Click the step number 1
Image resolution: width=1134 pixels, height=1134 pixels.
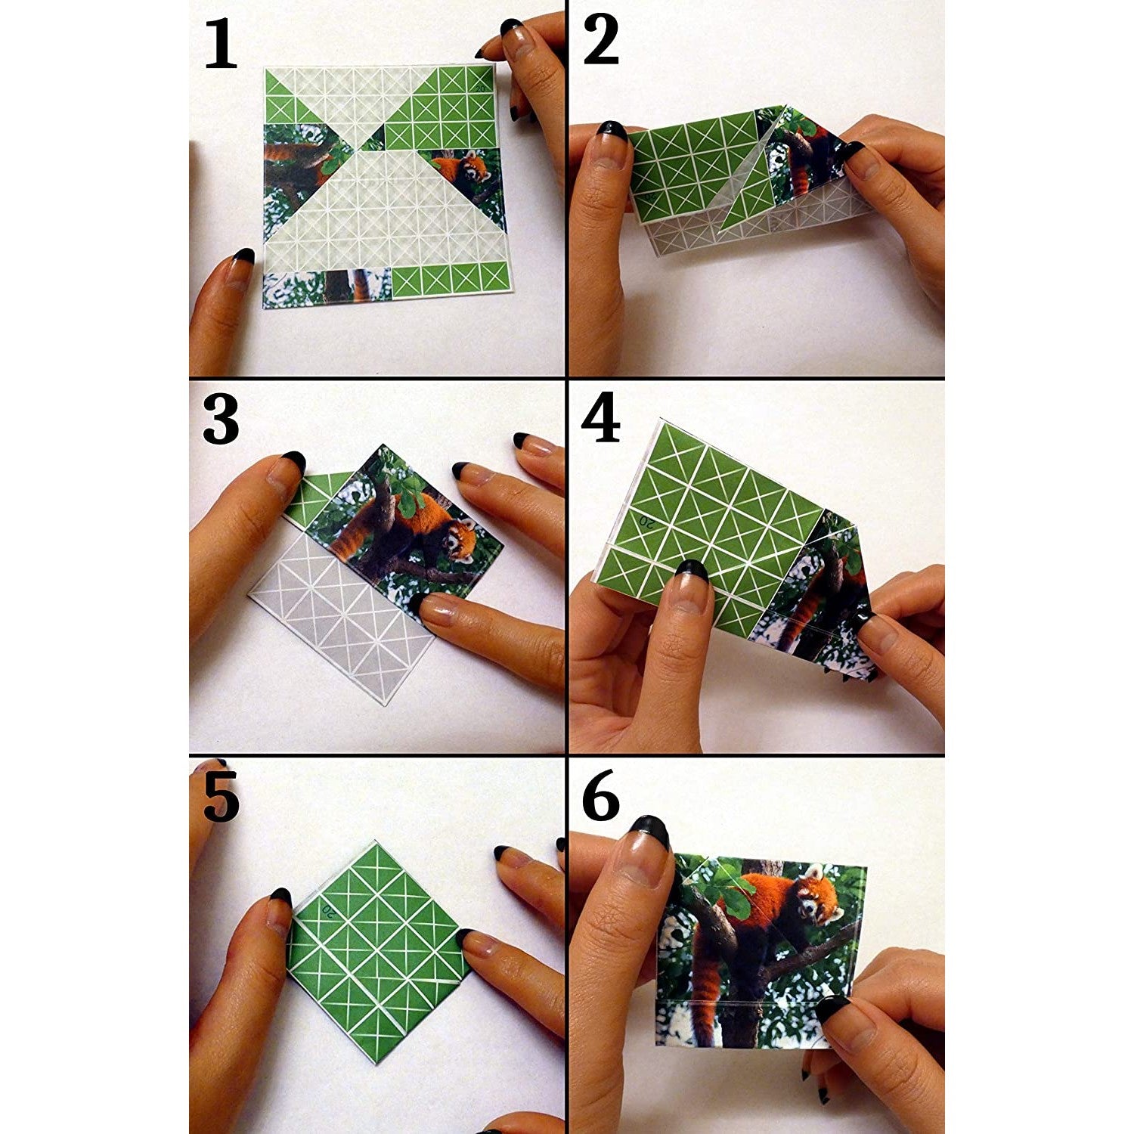tap(221, 45)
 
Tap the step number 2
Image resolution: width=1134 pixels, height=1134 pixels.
tap(601, 42)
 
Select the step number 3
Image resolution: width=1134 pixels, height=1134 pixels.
tap(221, 420)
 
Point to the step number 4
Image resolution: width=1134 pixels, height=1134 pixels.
tap(601, 420)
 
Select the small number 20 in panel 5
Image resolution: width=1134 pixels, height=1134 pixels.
tap(330, 910)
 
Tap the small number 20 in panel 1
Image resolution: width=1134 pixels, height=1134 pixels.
tap(479, 88)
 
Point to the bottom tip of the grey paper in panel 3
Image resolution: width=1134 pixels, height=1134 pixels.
tap(386, 702)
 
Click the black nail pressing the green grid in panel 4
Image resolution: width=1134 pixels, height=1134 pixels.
tap(691, 569)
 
